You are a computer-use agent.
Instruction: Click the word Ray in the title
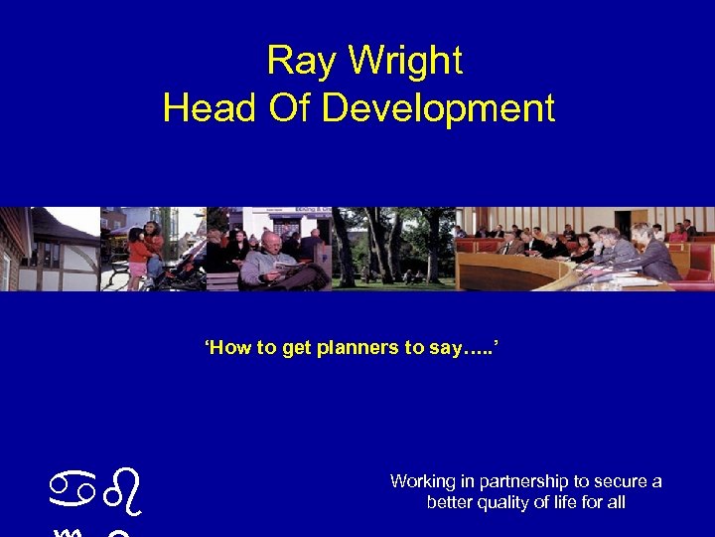tap(293, 62)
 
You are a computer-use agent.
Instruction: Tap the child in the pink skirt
tap(138, 254)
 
